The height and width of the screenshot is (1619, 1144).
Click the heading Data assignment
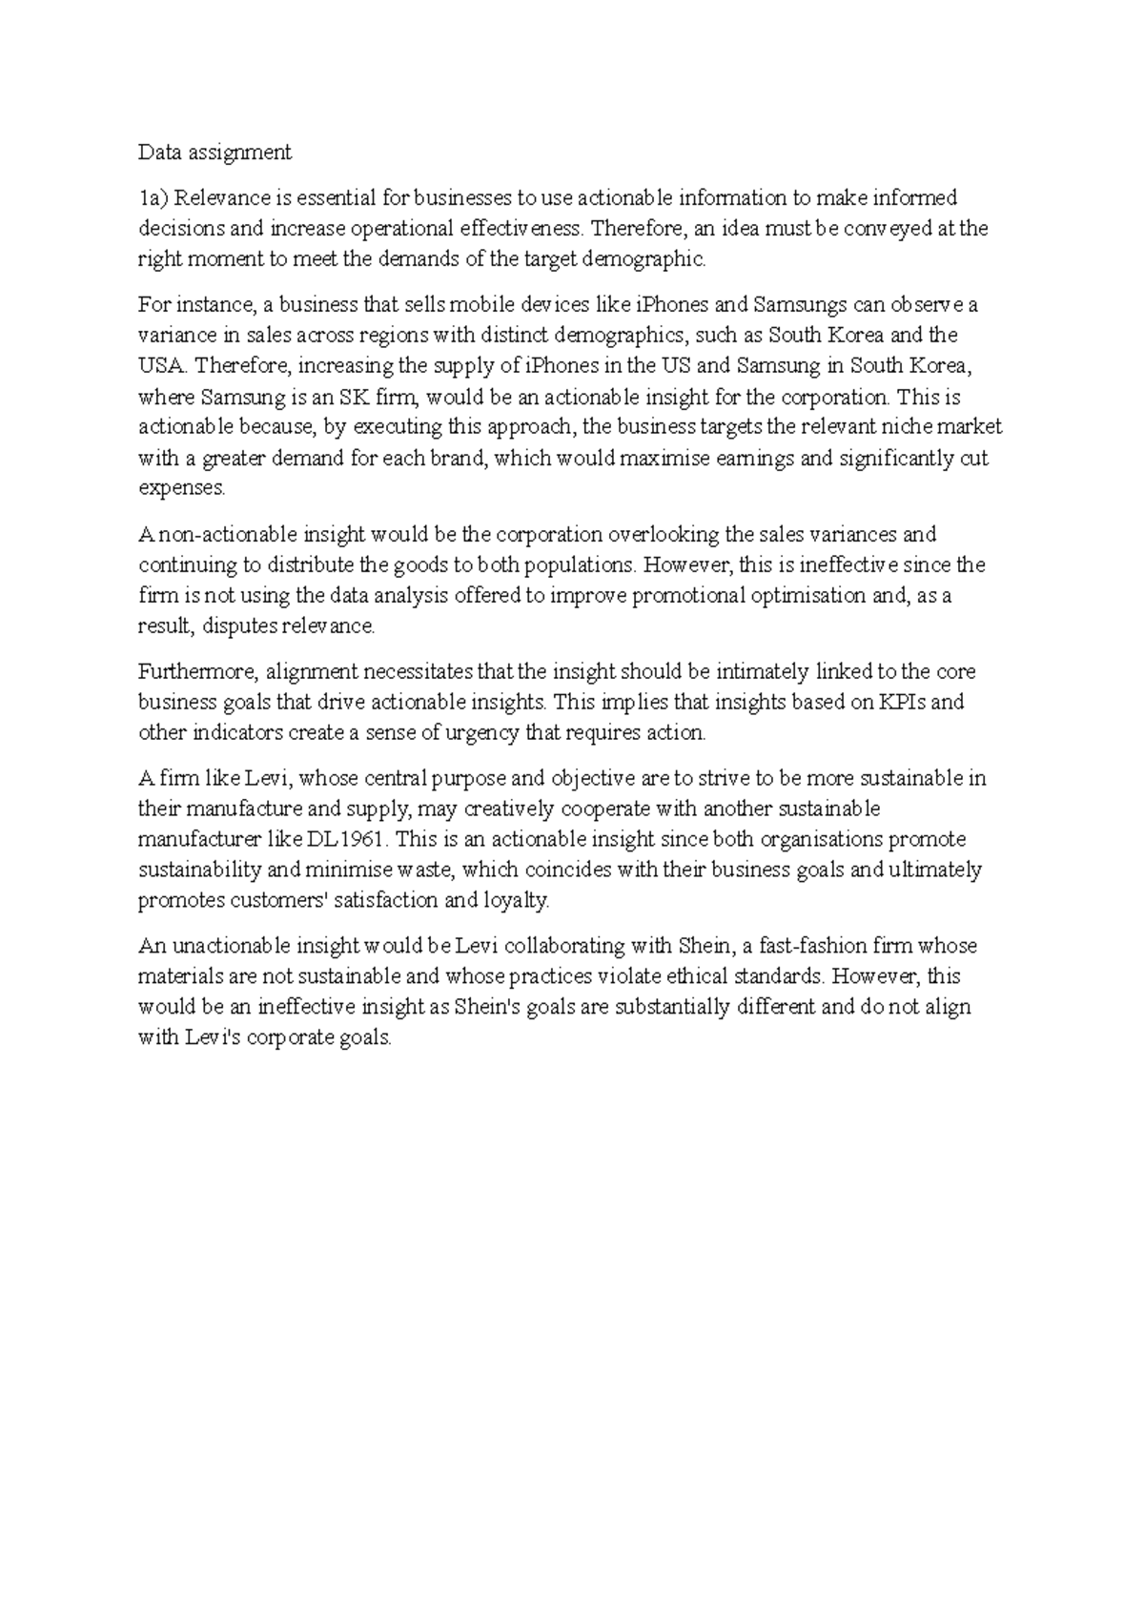point(214,152)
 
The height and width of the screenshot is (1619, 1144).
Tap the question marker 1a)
point(153,198)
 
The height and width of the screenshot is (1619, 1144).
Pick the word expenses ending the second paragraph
point(182,488)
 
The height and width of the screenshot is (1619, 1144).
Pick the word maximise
point(660,458)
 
